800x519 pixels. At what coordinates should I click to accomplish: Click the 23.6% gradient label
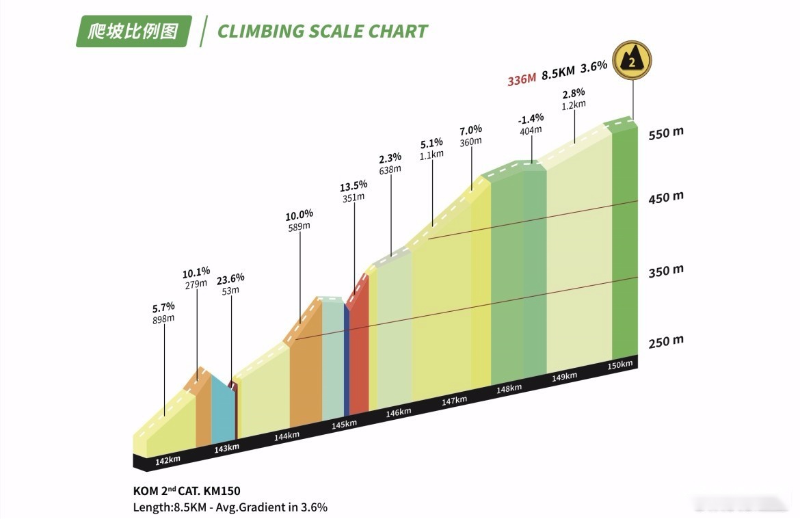click(230, 278)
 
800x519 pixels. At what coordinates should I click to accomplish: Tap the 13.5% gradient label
click(354, 185)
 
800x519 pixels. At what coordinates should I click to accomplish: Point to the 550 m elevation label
click(665, 133)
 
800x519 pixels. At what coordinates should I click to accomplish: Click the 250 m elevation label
click(665, 341)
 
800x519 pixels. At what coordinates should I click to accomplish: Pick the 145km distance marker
click(343, 424)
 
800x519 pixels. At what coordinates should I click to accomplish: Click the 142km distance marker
click(168, 460)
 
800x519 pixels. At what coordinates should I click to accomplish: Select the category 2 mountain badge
click(632, 61)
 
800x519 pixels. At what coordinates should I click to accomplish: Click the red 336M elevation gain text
click(521, 80)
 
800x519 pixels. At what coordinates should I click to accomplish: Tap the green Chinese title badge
click(133, 31)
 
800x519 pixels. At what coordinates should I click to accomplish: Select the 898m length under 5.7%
click(163, 319)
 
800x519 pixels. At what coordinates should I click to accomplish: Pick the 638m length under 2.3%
click(390, 170)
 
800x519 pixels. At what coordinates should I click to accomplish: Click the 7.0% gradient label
click(470, 129)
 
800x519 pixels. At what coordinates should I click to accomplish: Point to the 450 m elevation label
click(665, 197)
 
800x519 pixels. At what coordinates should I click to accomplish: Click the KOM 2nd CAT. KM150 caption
click(187, 491)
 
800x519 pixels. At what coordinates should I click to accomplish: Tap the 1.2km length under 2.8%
click(574, 105)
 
